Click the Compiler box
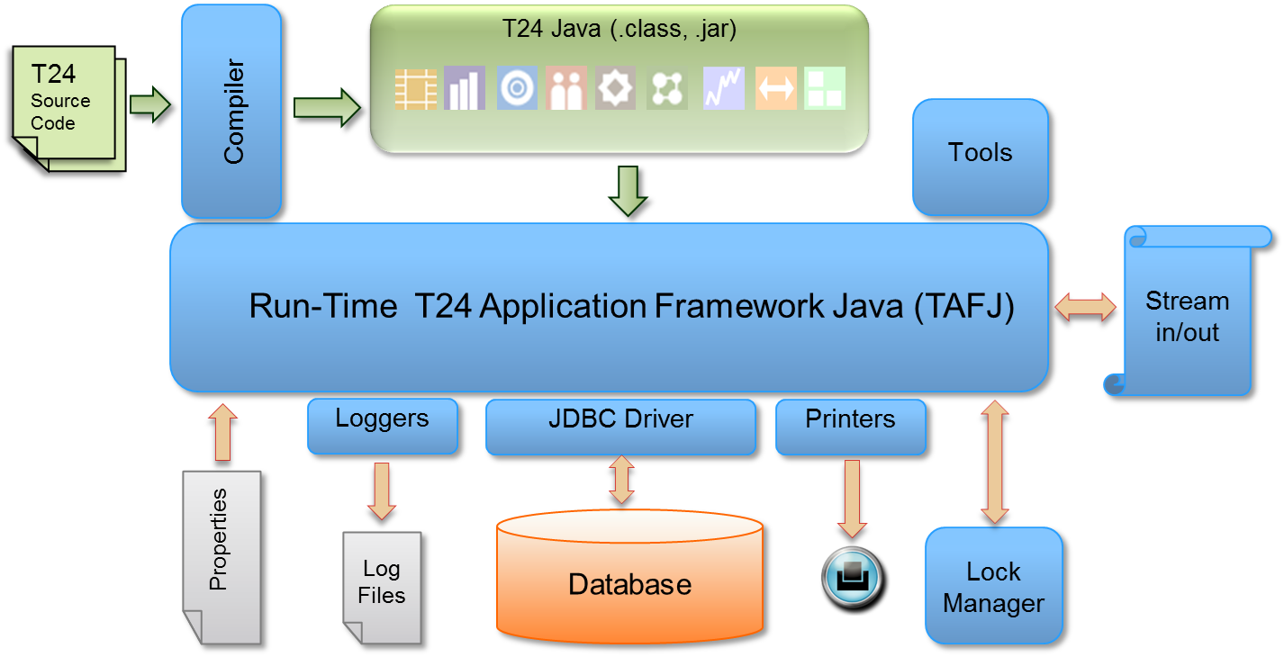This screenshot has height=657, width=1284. pos(231,111)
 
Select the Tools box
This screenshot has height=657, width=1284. pos(980,156)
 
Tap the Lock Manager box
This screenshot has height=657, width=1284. pos(994,586)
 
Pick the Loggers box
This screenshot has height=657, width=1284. pos(383,426)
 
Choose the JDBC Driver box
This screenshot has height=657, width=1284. pos(620,426)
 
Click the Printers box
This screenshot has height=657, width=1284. pos(850,426)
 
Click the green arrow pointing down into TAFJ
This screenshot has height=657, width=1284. pos(628,191)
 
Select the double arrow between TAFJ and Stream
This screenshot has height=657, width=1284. pos(1085,306)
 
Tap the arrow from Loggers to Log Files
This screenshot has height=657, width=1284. pos(382,491)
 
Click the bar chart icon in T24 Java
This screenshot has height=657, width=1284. pos(466,89)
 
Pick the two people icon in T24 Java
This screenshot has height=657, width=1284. pos(565,89)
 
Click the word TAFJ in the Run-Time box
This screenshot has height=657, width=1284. pos(963,306)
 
